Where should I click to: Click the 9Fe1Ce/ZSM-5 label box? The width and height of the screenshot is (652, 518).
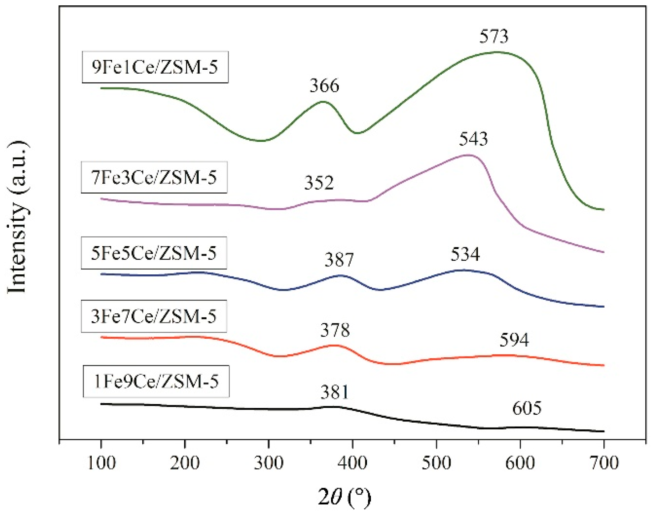[x=155, y=67]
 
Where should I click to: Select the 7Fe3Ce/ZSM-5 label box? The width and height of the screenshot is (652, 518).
[x=154, y=178]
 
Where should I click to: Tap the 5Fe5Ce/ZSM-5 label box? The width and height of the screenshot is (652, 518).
[x=154, y=253]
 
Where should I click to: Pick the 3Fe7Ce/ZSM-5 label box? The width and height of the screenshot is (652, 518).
[x=154, y=317]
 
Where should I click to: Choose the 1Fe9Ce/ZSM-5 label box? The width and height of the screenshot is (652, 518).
[x=156, y=382]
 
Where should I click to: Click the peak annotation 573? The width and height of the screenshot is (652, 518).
[x=494, y=36]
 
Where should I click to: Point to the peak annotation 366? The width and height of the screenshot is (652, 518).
[x=324, y=86]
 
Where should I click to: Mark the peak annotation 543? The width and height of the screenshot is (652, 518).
[x=473, y=139]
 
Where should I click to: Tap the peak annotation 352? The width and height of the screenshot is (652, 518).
[x=319, y=183]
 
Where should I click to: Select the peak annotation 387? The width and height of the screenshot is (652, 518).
[x=339, y=260]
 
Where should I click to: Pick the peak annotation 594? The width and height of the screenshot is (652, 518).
[x=514, y=340]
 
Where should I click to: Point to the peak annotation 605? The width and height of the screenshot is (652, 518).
[x=527, y=408]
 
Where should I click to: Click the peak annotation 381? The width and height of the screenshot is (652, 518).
[x=334, y=392]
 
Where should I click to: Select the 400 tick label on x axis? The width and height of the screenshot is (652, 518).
[x=352, y=463]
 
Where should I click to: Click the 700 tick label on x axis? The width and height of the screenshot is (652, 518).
[x=603, y=463]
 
